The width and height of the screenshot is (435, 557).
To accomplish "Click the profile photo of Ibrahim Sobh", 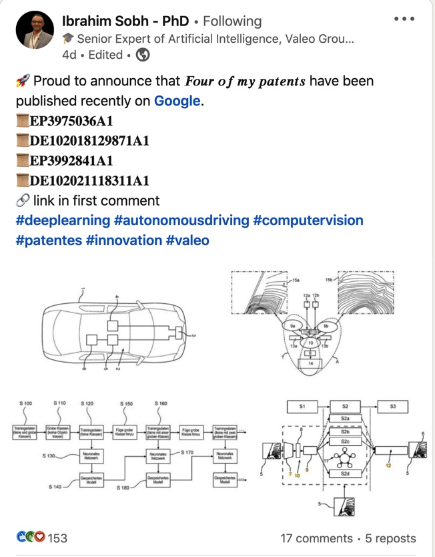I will click(x=34, y=30).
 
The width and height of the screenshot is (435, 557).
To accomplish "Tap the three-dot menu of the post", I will click(x=404, y=19).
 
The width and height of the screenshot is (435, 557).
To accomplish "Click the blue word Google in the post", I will click(x=177, y=101).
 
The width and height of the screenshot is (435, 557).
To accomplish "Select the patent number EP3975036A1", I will click(x=71, y=121).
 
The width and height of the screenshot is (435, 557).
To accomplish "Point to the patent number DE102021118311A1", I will click(x=89, y=181).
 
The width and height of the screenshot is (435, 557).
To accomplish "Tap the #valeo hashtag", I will click(x=187, y=240).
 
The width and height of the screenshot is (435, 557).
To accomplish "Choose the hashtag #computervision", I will click(x=308, y=220).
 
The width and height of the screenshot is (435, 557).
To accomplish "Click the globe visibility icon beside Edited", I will click(x=143, y=55).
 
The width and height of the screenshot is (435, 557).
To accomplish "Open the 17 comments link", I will click(x=316, y=538).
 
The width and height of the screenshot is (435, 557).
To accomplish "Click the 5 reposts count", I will click(x=390, y=538).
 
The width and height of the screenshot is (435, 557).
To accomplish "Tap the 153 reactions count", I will click(x=57, y=538).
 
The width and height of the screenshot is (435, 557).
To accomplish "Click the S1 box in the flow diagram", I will click(x=302, y=406).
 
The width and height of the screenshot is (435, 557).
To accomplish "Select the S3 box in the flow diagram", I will click(x=393, y=406).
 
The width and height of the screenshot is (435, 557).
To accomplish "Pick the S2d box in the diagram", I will click(x=345, y=474).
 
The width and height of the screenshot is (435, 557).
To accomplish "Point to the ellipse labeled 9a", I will click(x=294, y=326).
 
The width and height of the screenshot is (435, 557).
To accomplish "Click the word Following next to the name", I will click(x=232, y=21).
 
